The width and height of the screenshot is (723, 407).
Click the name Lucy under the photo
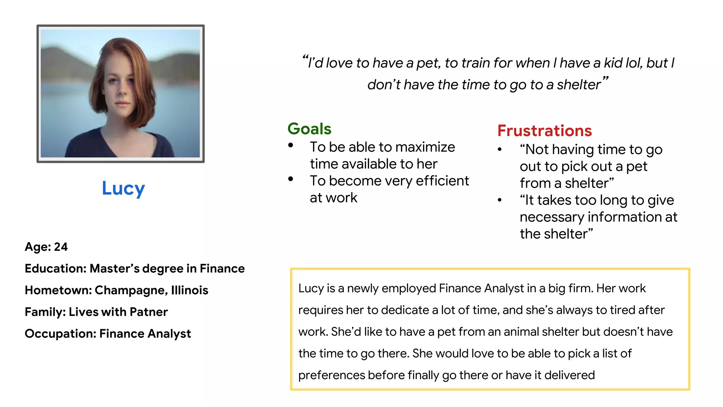tap(123, 188)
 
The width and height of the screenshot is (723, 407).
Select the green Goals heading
tap(309, 129)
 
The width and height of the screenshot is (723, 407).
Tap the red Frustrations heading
tap(544, 131)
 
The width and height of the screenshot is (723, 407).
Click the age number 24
tap(61, 247)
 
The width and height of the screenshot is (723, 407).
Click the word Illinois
tap(190, 290)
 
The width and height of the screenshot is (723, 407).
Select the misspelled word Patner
tap(149, 312)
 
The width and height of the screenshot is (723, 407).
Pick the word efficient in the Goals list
tap(442, 181)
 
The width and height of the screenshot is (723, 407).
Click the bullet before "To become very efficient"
tap(291, 179)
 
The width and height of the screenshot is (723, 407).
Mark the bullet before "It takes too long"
tap(500, 200)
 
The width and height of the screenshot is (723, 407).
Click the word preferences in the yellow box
tap(331, 375)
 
